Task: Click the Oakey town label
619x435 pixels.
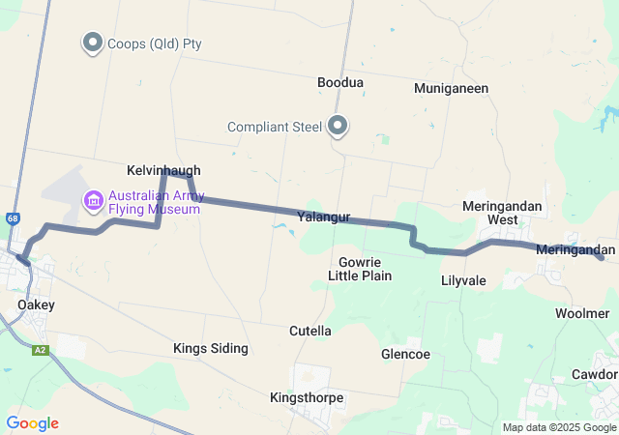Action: coord(36,304)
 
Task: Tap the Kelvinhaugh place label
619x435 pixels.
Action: coord(163,169)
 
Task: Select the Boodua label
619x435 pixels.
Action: coord(340,83)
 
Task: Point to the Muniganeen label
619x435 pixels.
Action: coord(451,88)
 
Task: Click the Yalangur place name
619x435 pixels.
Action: coord(323,217)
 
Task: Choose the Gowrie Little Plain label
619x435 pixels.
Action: coord(360,269)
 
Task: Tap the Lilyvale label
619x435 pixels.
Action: coord(463,280)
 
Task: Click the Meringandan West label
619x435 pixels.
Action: coord(502,213)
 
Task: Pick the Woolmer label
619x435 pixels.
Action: coord(582,313)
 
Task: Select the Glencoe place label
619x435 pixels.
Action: coord(405,354)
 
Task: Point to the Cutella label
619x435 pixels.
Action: coord(310,331)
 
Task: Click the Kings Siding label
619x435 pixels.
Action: coord(211,348)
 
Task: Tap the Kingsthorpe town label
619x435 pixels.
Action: coord(307,397)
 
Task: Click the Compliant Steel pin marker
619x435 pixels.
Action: coord(339,125)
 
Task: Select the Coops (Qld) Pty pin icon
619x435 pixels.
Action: coord(93,42)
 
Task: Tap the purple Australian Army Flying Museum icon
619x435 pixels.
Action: coord(94,201)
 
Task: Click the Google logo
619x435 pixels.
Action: coord(32,423)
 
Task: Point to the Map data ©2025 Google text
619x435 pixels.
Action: coord(558,428)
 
